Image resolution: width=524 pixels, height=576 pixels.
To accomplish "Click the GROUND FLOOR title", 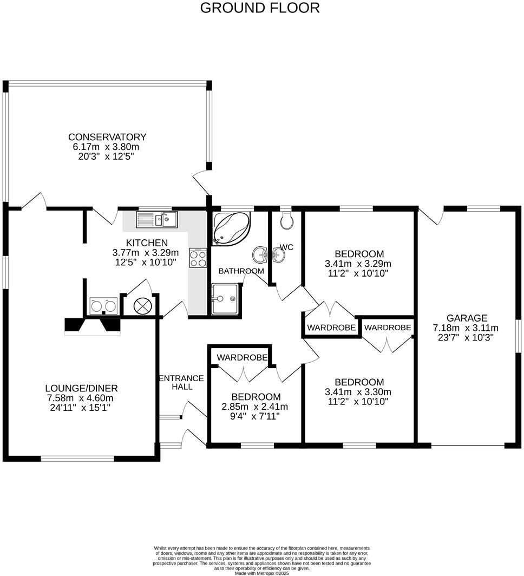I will click(260, 8).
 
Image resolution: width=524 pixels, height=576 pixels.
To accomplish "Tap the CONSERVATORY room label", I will click(107, 137).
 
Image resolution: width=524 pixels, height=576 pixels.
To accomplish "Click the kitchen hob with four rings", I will click(198, 258).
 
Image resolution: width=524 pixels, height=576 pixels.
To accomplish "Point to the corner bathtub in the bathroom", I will click(231, 228).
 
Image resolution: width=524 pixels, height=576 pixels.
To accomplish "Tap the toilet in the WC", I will click(287, 221).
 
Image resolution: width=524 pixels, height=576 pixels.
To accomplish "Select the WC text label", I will click(287, 247).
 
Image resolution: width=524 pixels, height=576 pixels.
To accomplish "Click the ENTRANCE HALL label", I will click(181, 382).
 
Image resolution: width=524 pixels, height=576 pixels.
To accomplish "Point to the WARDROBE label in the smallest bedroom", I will click(242, 357).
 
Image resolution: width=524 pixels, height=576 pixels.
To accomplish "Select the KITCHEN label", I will click(147, 243).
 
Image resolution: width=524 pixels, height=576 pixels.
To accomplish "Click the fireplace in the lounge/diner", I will click(93, 325).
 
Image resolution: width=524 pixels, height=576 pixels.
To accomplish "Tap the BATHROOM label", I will click(241, 271).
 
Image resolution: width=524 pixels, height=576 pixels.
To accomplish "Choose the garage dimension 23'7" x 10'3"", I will click(466, 337).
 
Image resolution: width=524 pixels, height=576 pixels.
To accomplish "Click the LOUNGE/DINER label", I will click(81, 388).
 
